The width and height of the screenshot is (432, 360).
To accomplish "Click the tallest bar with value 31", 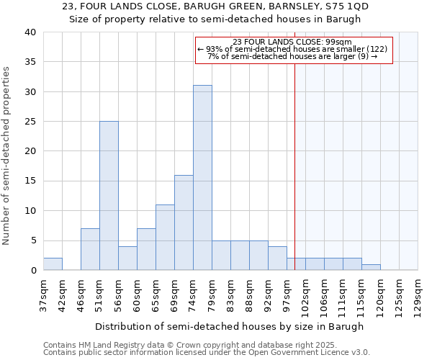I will [x=202, y=178].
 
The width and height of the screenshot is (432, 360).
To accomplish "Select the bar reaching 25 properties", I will [x=109, y=196].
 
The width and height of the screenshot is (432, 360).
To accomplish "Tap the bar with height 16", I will [x=184, y=222].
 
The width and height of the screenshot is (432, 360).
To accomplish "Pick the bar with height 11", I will [x=165, y=238].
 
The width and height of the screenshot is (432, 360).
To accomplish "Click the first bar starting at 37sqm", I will [x=53, y=264].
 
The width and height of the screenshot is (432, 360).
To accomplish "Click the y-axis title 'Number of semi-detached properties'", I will [x=7, y=156].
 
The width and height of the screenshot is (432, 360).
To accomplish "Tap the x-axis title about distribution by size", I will [x=229, y=326].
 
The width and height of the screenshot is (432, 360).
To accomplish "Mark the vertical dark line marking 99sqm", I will [x=294, y=166].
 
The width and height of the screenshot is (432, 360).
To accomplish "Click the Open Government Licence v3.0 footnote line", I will [x=207, y=353].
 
